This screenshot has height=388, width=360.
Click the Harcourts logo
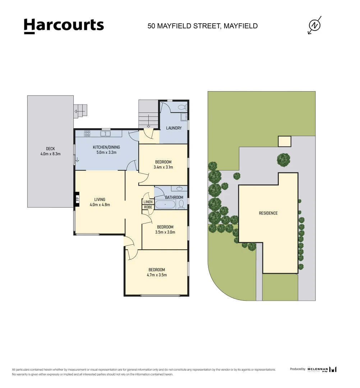(x=64, y=26)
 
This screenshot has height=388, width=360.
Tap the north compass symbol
(x=315, y=25)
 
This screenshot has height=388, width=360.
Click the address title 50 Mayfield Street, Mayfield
(x=202, y=26)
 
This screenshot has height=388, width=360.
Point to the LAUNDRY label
(x=174, y=128)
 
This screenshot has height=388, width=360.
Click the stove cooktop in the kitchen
(x=87, y=134)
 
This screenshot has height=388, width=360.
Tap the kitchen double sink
(x=106, y=134)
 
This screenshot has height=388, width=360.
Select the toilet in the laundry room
(x=182, y=107)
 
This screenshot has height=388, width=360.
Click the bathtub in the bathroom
(x=165, y=205)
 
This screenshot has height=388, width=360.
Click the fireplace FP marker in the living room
(x=77, y=199)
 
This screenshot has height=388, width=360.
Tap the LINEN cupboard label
(x=148, y=202)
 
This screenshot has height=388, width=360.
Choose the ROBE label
(x=148, y=207)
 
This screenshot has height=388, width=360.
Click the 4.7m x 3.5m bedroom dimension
(x=157, y=275)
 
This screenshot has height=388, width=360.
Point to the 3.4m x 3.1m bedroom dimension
(x=163, y=167)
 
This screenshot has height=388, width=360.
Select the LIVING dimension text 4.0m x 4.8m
(x=100, y=205)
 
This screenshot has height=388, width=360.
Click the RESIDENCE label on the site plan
(x=268, y=213)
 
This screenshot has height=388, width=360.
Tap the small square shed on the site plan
(x=285, y=142)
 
